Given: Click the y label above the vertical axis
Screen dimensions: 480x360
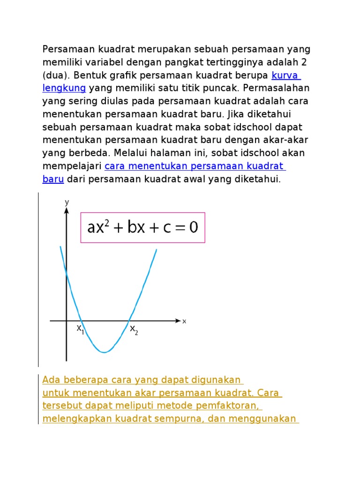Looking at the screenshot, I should (x=67, y=202).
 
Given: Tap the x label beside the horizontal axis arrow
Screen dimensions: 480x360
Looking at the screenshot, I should (x=184, y=321).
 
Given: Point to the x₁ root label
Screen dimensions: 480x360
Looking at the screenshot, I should (x=80, y=329).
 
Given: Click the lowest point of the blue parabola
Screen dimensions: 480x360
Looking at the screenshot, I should (x=104, y=352).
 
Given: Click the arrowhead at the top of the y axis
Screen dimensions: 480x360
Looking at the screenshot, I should (x=67, y=211).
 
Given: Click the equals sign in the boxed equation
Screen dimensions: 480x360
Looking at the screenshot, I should (x=172, y=228).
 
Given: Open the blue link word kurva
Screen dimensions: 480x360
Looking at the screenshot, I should (x=285, y=75).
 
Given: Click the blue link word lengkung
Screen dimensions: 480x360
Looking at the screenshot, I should (x=64, y=88).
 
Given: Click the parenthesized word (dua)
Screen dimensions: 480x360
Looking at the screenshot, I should (x=56, y=75).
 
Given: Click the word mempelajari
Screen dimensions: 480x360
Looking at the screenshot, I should (x=72, y=166).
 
